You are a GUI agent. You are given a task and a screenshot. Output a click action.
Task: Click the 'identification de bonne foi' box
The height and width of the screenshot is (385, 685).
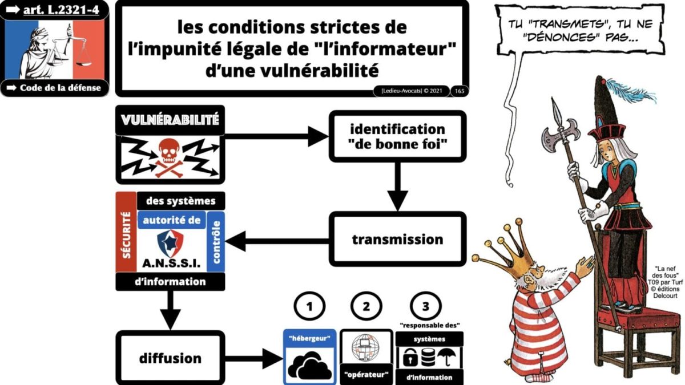(397, 136)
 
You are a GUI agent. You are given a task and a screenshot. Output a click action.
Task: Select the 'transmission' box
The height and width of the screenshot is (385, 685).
(397, 239)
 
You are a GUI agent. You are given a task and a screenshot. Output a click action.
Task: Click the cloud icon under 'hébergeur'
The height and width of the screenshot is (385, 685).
(309, 366)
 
